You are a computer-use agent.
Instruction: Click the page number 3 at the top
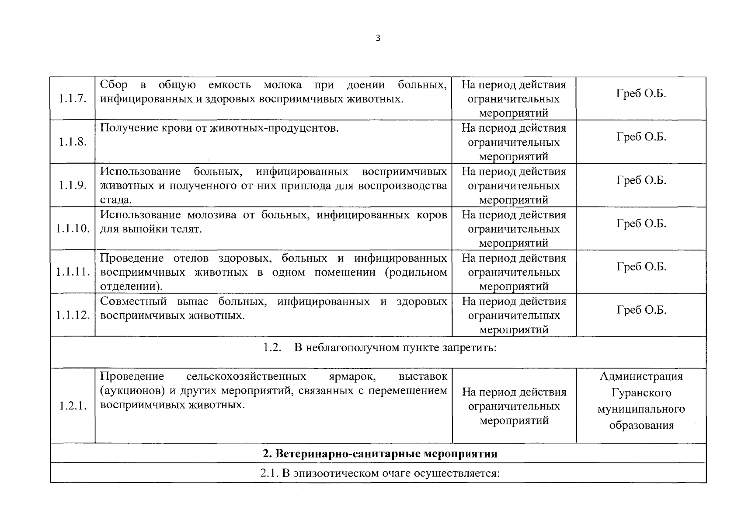[x=378, y=38]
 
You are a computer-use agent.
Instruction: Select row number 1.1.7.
[x=73, y=98]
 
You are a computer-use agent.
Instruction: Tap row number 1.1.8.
[x=73, y=142]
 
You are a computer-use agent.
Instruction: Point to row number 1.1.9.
[x=73, y=185]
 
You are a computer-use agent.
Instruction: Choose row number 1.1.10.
[x=73, y=228]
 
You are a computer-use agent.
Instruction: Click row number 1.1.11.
[x=73, y=272]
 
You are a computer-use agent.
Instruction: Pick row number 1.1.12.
[x=73, y=315]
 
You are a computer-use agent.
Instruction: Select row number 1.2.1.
[x=73, y=406]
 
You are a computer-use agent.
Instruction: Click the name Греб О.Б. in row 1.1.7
[x=641, y=94]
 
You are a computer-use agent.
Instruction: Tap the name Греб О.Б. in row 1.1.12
[x=641, y=310]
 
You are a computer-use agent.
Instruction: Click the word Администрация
[x=641, y=376]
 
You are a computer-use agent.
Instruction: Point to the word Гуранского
[x=641, y=393]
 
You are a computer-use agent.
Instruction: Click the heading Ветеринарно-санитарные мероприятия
[x=380, y=454]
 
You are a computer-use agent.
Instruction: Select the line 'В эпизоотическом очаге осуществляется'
[x=380, y=473]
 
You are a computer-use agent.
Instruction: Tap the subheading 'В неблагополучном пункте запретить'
[x=380, y=348]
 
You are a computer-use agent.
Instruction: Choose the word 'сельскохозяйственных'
[x=246, y=376]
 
